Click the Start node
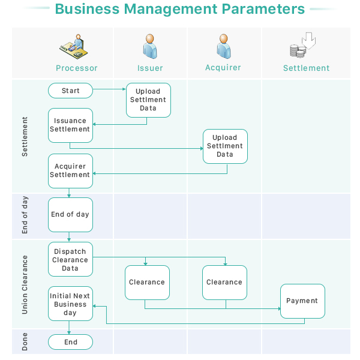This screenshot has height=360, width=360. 71,91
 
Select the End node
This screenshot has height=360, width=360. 71,342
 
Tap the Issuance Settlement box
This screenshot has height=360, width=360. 71,125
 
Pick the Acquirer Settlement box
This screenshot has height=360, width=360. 71,170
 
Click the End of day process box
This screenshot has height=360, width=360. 71,214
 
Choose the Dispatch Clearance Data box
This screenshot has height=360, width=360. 71,260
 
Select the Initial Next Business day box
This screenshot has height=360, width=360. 71,304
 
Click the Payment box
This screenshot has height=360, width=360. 302,301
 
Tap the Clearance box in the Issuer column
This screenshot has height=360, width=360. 147,282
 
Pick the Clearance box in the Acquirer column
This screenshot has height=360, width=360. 224,282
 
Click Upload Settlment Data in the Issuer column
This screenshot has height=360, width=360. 148,100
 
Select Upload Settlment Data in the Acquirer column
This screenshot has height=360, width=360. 225,146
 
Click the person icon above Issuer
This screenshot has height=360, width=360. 149,46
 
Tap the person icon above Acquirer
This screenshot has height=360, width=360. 224,46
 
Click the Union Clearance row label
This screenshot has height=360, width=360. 25,284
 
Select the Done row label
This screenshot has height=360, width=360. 25,342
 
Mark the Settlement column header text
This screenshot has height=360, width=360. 307,68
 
